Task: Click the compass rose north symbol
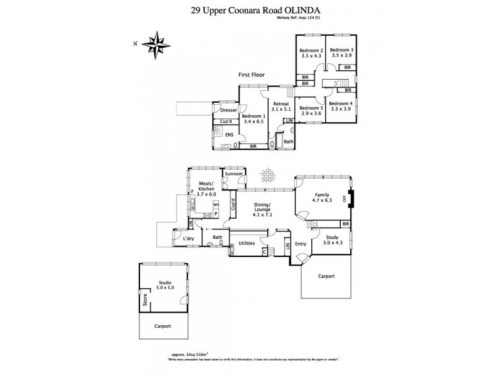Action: click(x=157, y=44)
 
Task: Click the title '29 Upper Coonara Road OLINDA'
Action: click(x=250, y=10)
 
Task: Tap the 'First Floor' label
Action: click(x=251, y=75)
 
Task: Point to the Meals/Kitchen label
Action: click(x=206, y=190)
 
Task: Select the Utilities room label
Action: click(x=247, y=242)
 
